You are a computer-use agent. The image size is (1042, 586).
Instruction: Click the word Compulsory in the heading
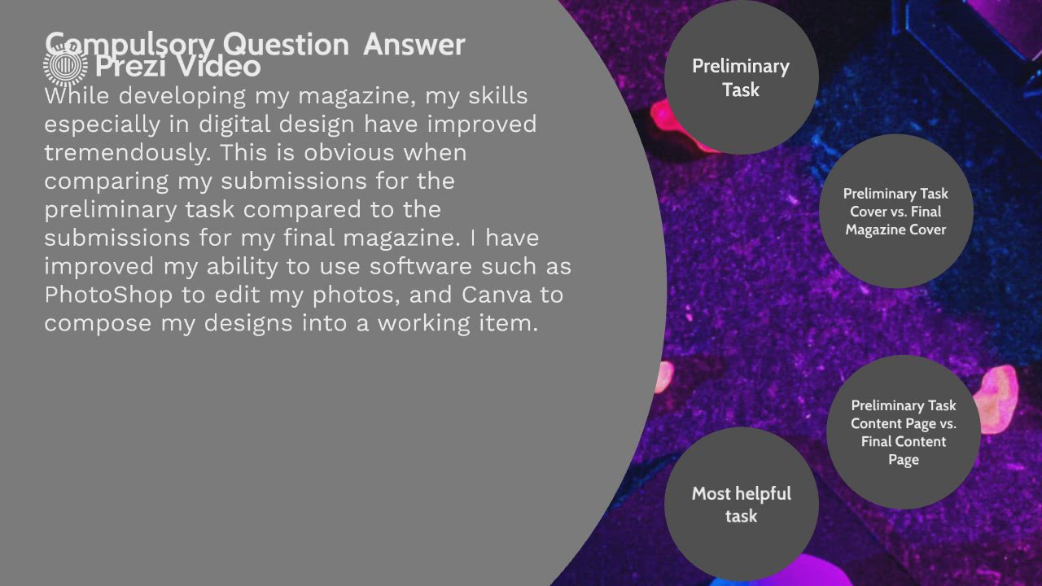coord(129,45)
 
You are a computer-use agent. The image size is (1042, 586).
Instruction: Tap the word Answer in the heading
coord(414,44)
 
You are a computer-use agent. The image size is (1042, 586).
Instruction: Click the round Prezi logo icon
coord(66,66)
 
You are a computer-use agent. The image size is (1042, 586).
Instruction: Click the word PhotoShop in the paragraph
coord(108,295)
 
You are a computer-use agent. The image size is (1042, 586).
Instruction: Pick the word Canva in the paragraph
coord(497,295)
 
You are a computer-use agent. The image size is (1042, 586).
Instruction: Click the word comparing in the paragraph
coord(107,181)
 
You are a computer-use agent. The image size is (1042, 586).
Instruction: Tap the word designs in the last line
coord(248,323)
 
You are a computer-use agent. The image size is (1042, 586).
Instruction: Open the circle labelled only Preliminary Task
coord(742,77)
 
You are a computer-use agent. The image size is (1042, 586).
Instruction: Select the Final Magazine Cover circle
coord(896,211)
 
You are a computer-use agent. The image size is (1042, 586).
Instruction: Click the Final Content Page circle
coord(904,432)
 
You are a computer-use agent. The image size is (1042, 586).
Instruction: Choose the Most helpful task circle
coord(742,504)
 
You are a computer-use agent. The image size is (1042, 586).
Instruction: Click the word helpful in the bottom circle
coord(762,493)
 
